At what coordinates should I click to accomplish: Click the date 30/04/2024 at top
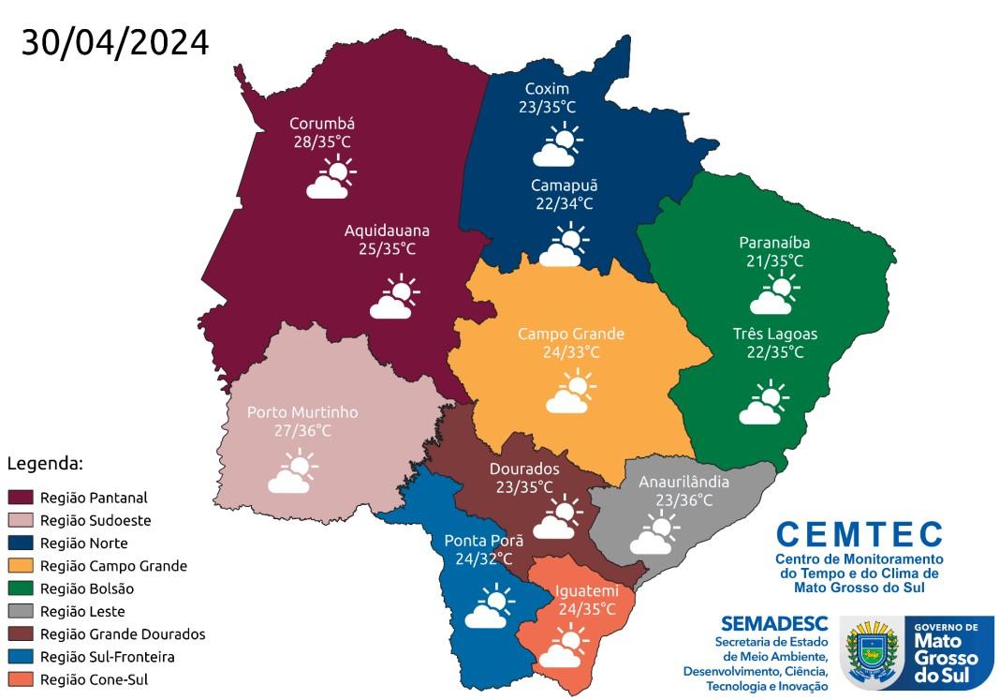point(115,43)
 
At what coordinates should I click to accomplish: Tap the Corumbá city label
point(321,124)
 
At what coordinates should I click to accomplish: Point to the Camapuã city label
point(564,185)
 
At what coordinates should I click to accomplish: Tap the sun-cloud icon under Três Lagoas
point(764,403)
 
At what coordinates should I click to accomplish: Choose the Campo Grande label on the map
point(571,334)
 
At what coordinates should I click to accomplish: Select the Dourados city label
point(524,469)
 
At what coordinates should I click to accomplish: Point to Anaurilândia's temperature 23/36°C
point(683,500)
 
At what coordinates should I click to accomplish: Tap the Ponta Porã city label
point(483,540)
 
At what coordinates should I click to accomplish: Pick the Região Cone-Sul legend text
point(94,679)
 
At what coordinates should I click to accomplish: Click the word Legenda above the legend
point(45,463)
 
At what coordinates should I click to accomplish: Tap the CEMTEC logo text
point(859,534)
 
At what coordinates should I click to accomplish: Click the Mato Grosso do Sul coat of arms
point(871,652)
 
